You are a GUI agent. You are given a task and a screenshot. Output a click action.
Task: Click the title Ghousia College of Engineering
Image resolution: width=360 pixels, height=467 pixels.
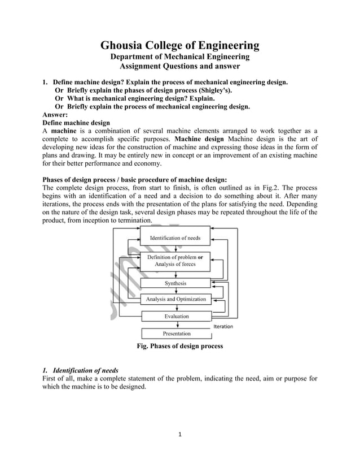180,45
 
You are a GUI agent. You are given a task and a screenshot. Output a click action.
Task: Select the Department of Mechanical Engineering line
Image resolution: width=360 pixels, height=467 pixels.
179,57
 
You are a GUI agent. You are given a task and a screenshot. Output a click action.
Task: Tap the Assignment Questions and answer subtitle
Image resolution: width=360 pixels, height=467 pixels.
179,67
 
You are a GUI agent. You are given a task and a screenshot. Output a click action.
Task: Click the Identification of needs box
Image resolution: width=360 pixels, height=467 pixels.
174,238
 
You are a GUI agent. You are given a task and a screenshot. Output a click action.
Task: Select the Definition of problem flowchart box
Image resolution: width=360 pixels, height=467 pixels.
175,261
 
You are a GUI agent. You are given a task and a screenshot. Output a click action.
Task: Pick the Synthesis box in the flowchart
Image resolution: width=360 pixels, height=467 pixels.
175,283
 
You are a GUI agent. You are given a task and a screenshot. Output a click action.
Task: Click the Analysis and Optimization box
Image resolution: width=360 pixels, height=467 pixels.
176,299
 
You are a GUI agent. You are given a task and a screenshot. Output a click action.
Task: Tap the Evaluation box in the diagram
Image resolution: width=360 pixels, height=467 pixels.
177,316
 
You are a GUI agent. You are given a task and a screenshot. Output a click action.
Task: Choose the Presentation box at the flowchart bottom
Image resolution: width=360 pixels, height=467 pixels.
177,334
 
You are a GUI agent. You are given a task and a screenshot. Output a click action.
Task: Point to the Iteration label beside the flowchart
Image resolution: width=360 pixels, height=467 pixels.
223,327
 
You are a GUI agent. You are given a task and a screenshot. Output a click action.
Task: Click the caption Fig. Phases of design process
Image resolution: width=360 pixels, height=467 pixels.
179,346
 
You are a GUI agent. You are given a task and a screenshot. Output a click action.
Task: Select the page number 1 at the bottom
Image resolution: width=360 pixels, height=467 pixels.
179,435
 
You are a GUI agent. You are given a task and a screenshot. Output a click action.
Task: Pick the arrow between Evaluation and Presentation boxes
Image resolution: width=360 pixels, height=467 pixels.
177,325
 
